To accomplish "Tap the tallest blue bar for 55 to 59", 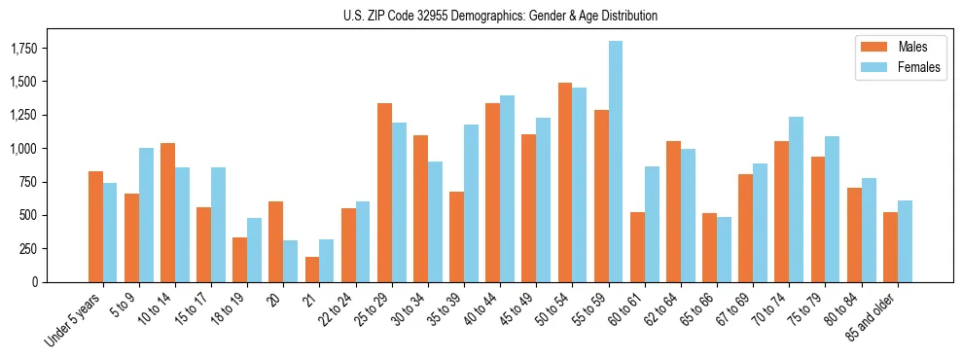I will [615, 162].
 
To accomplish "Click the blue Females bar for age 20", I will [291, 261].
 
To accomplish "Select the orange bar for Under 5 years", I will [95, 227].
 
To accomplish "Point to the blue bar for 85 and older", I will [905, 241].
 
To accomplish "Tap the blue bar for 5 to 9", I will [146, 215].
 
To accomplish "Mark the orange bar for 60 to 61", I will [637, 247].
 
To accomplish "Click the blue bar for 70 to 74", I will [796, 199].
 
